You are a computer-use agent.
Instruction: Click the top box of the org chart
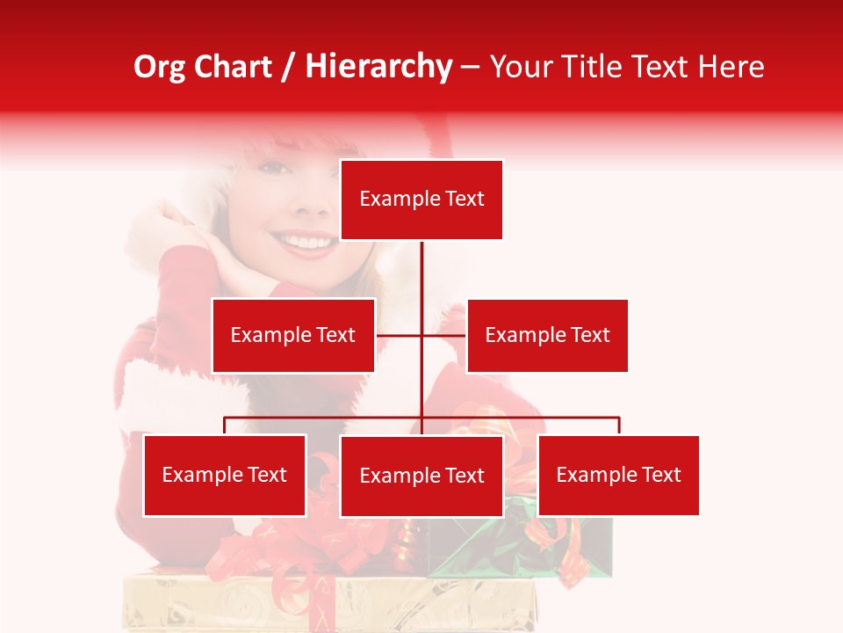tap(421, 200)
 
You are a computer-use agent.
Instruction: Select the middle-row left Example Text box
tap(293, 335)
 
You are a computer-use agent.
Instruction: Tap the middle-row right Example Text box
tap(547, 335)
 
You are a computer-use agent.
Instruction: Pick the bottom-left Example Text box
tap(225, 476)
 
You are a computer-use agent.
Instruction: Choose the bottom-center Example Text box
tap(421, 476)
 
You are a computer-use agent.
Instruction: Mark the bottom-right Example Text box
tap(618, 476)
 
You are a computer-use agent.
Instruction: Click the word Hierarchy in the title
tap(378, 67)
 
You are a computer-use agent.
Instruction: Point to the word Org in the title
tap(159, 67)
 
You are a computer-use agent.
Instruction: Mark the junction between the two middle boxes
tap(421, 335)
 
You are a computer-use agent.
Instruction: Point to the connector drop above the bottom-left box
tap(225, 426)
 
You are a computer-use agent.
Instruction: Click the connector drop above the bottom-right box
tap(618, 426)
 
